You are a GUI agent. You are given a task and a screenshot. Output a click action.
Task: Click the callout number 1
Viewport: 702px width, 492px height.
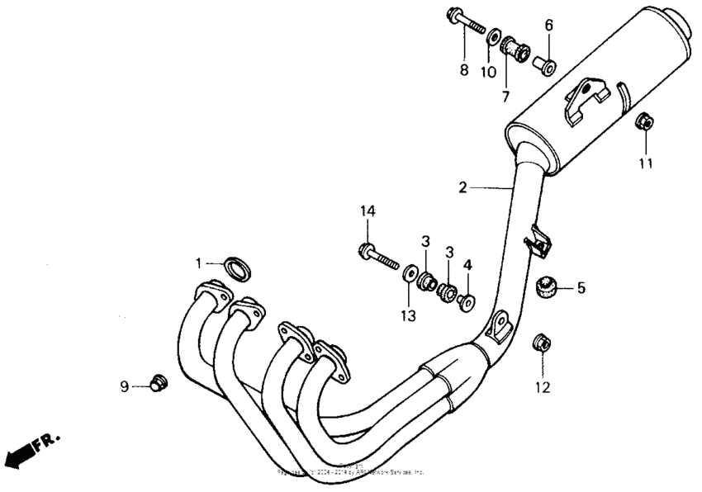[x=198, y=263]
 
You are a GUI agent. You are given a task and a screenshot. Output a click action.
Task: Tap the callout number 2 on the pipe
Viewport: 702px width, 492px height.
[x=463, y=187]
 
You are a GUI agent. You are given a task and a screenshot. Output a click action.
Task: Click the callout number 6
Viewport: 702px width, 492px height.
[x=548, y=25]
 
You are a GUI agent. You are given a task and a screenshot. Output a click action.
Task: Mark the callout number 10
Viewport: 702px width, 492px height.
[x=489, y=72]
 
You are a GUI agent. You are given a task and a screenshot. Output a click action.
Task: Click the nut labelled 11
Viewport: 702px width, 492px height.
[x=645, y=123]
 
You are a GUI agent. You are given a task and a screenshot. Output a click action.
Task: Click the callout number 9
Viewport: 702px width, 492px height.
[x=125, y=386]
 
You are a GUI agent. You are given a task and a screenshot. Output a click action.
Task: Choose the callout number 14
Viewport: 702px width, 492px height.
[x=368, y=212]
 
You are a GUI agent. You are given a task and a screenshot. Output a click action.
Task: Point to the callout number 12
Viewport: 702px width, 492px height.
[x=542, y=386]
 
